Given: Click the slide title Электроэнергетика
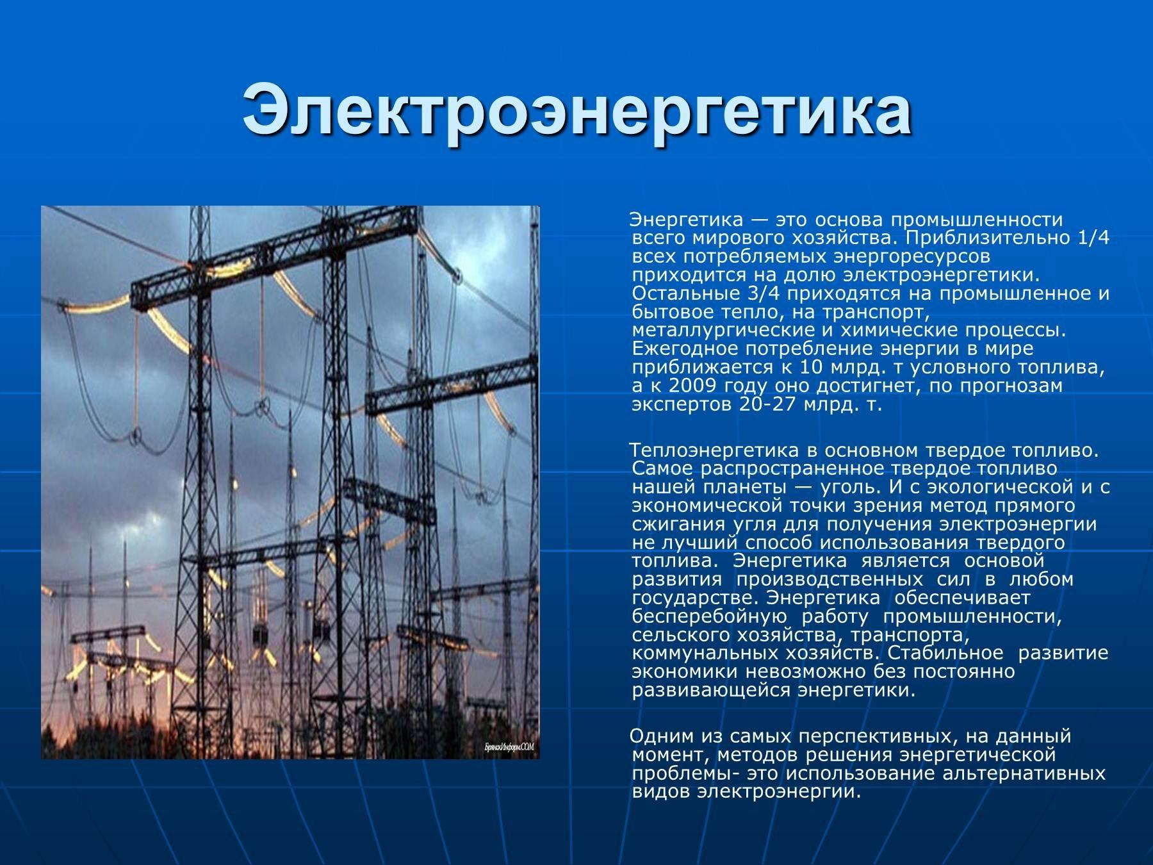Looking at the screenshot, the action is (x=576, y=110).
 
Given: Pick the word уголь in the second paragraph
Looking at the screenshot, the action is (x=874, y=487).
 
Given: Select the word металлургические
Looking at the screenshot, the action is (x=723, y=331).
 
